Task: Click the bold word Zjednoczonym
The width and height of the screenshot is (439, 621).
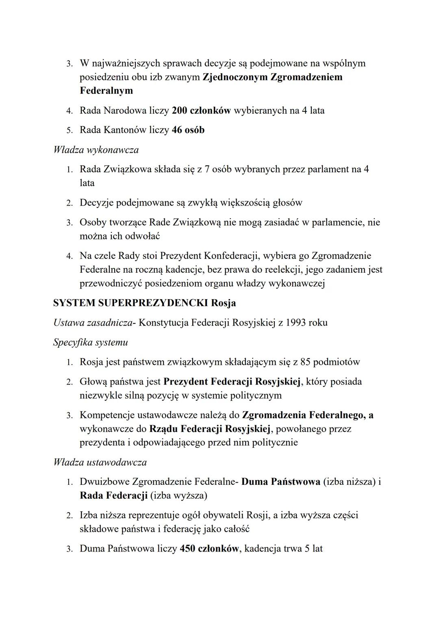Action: tap(235, 77)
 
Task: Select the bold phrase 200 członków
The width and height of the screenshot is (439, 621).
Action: tap(201, 110)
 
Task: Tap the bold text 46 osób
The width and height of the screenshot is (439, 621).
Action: tap(188, 130)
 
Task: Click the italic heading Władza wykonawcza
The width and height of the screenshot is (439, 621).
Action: tap(96, 150)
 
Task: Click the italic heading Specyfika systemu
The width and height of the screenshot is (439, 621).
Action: tap(90, 342)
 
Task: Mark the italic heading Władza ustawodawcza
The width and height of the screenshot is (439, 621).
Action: tap(100, 462)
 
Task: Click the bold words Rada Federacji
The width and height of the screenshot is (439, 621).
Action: tap(113, 495)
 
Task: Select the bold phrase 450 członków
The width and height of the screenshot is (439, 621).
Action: tap(209, 549)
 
